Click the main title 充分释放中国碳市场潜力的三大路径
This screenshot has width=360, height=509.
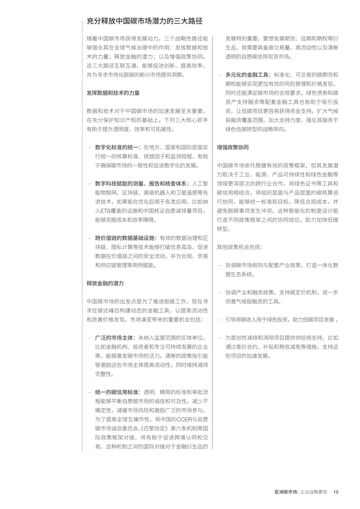(144, 21)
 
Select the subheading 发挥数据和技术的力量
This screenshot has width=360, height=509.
(113, 93)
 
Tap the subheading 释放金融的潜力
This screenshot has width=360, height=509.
(105, 283)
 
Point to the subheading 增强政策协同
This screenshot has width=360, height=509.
(233, 147)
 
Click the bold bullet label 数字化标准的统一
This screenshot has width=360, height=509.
(118, 147)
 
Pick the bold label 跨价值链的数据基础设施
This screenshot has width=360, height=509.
(125, 238)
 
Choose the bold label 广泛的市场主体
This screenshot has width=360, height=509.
(115, 338)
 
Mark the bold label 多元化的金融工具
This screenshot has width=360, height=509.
(248, 75)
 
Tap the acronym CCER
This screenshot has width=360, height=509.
(184, 420)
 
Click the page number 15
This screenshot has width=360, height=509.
(336, 492)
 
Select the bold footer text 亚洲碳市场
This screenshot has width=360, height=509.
(285, 492)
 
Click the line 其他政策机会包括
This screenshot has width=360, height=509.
(239, 247)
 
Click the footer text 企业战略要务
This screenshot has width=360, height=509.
(314, 492)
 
